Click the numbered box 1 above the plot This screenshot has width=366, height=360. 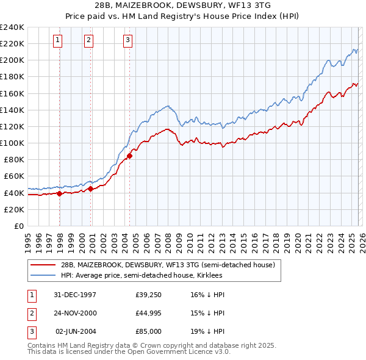[57, 40]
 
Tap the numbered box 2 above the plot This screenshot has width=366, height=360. [88, 40]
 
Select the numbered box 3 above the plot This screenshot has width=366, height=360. [127, 40]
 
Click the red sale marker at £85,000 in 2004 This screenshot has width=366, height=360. [130, 156]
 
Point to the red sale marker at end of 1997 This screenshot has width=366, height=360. [60, 193]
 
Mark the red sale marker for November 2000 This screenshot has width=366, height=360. [91, 189]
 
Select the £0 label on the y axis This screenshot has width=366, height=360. [18, 226]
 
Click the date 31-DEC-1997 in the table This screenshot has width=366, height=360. [76, 295]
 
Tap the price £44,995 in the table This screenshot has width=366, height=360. [148, 313]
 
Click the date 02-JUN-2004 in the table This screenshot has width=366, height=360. [76, 331]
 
